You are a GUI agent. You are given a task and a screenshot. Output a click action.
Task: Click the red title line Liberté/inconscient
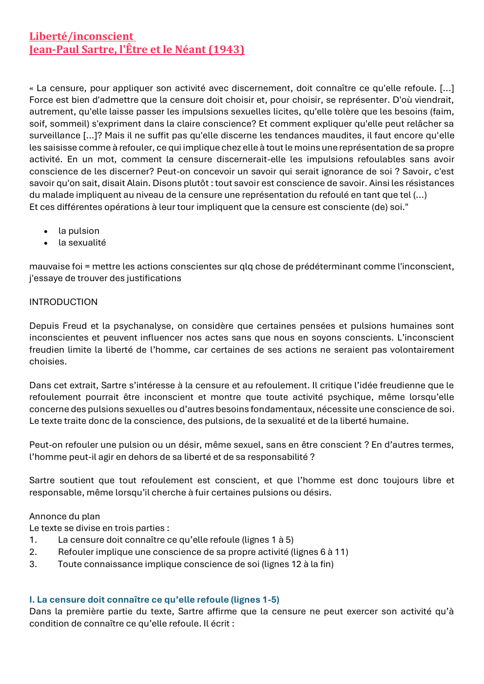click(x=81, y=37)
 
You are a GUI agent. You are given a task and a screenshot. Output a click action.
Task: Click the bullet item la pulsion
click(x=78, y=231)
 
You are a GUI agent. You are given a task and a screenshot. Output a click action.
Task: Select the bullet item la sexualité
click(x=82, y=243)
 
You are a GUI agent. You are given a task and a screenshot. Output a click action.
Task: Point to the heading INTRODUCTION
click(x=63, y=302)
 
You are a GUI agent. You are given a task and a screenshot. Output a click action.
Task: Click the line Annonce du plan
click(x=64, y=516)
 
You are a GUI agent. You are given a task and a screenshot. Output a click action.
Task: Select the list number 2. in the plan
click(x=33, y=552)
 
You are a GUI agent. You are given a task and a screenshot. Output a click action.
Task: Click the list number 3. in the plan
click(x=33, y=564)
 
